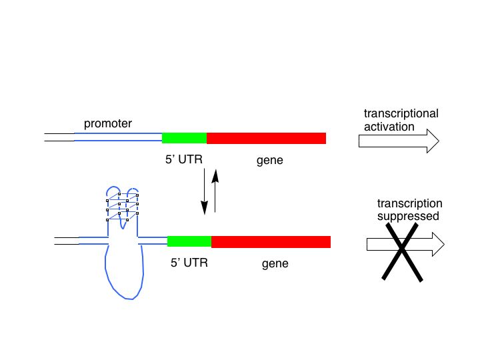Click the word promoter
(108, 124)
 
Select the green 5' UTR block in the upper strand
(184, 138)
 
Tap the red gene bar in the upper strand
(266, 138)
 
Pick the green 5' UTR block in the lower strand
(189, 241)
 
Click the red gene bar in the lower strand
(271, 242)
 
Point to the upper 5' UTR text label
(184, 159)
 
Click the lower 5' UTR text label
(189, 263)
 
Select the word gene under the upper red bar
(270, 161)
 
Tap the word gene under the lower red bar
(275, 263)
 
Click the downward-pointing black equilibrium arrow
(204, 191)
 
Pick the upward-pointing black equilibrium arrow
(215, 191)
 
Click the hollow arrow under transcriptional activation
(399, 141)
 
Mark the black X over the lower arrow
(402, 252)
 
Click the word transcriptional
(401, 113)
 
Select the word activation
(389, 127)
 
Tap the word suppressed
(408, 217)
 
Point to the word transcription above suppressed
(409, 203)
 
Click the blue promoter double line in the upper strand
(118, 137)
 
